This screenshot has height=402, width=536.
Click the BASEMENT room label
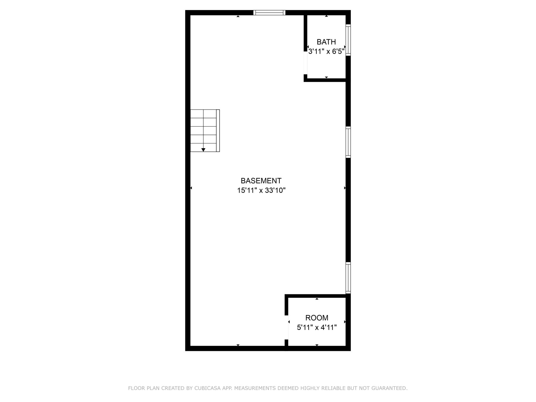[261, 181]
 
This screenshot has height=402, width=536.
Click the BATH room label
[326, 42]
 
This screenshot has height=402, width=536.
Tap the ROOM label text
[317, 318]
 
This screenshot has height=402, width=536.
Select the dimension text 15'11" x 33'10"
[261, 190]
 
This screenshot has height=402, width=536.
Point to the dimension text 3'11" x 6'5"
[326, 52]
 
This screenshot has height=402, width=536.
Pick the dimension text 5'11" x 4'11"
[317, 327]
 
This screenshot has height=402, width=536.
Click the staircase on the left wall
[205, 131]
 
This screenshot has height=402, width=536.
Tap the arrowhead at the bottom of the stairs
[203, 150]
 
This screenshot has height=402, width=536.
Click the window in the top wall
[269, 13]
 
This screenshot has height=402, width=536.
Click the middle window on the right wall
[348, 142]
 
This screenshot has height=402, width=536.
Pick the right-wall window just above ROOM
[348, 278]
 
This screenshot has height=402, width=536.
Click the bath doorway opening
[305, 63]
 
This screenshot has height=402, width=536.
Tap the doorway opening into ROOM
[286, 327]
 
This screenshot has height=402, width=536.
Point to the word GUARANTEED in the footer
[390, 388]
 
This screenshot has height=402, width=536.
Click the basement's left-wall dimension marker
[191, 188]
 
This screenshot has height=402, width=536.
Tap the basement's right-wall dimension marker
[345, 188]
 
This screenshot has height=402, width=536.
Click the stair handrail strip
[218, 131]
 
